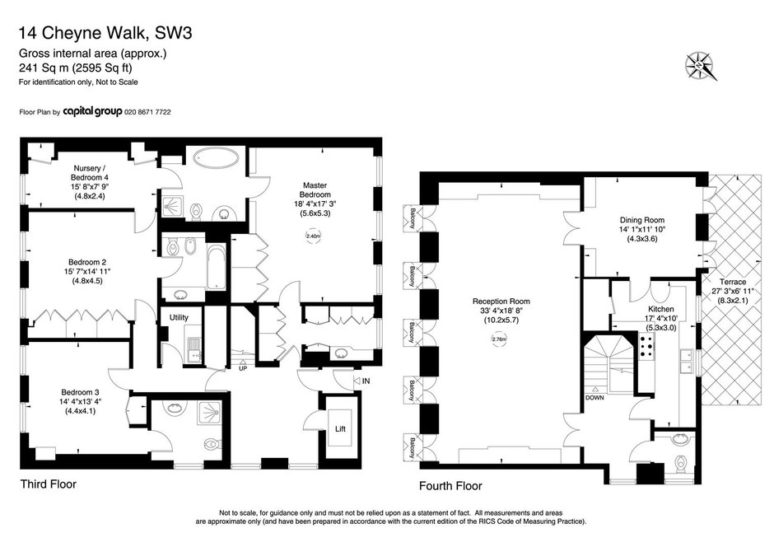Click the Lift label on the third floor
point(340,429)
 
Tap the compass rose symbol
point(700,66)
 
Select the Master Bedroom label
point(315,190)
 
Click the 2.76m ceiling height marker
point(500,339)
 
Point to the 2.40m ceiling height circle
point(314,236)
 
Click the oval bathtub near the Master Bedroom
point(216,158)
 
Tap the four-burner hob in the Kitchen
point(646,345)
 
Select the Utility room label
point(179,317)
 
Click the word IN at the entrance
point(366,381)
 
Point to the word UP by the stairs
point(243,368)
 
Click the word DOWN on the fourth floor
point(594,397)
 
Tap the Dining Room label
point(642,220)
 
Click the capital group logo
point(92,111)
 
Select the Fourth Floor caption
point(450,486)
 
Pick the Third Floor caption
point(49,484)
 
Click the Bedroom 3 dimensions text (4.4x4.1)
point(80,411)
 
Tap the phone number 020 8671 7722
point(147,112)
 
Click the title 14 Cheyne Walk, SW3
point(105,33)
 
